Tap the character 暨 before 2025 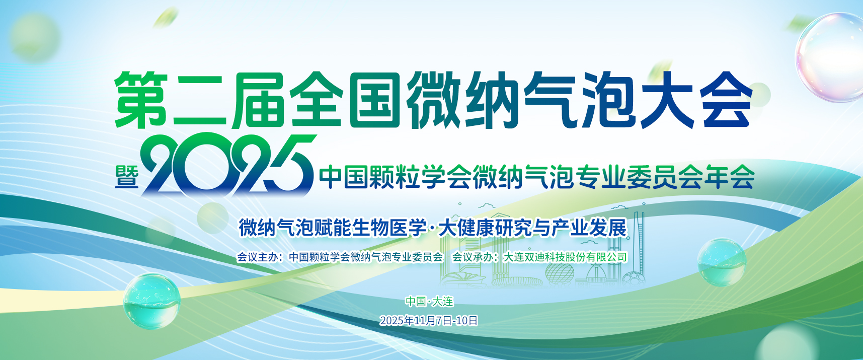coord(127,177)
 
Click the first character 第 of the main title coord(141,99)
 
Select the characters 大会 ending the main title coord(696,99)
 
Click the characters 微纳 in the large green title coord(463,99)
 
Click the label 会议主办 coord(257,257)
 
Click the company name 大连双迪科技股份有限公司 coord(566,257)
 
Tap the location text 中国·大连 coord(430,301)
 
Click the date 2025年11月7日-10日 coord(429,320)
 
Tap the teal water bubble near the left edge coord(151,301)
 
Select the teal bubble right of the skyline coord(722,262)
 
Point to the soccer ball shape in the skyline coord(634,278)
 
